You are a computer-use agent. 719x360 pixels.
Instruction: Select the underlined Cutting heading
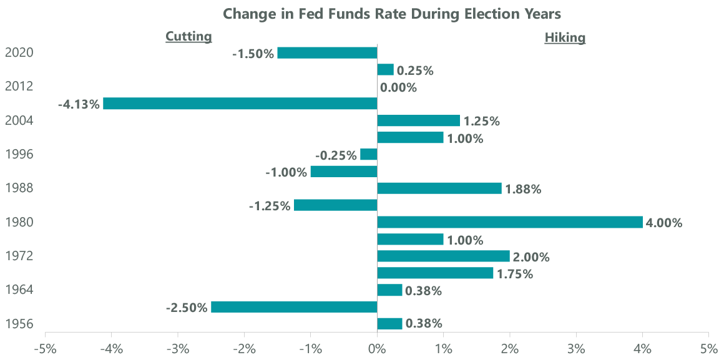coord(188,37)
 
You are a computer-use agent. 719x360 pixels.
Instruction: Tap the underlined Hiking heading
coord(565,37)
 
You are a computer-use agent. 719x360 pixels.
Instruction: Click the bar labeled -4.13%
coord(240,104)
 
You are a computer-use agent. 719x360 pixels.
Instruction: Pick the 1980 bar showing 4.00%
coord(510,222)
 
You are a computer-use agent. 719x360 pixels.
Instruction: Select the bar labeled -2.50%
coord(294,307)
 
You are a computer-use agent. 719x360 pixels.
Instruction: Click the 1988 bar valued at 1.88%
coord(439,188)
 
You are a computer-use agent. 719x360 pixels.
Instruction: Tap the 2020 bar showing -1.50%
coord(327,53)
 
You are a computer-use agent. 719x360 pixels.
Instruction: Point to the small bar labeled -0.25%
coord(369,154)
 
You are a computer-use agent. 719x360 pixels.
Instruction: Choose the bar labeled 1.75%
coord(436,273)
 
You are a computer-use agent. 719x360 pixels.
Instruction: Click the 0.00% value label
coord(399,87)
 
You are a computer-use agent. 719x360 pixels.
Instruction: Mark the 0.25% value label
coord(415,71)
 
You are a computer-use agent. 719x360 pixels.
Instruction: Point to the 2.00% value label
coord(532,257)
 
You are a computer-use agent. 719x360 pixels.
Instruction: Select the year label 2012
coord(19,87)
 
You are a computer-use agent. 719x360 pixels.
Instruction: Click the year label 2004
coord(19,120)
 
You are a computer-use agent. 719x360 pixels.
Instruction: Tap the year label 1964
coord(19,289)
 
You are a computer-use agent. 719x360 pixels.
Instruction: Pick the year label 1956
coord(19,324)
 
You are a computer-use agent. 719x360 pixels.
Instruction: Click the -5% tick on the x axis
coord(45,346)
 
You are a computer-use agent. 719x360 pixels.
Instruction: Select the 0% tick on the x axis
coord(378,346)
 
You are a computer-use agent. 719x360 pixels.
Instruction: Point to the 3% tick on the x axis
coord(576,346)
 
